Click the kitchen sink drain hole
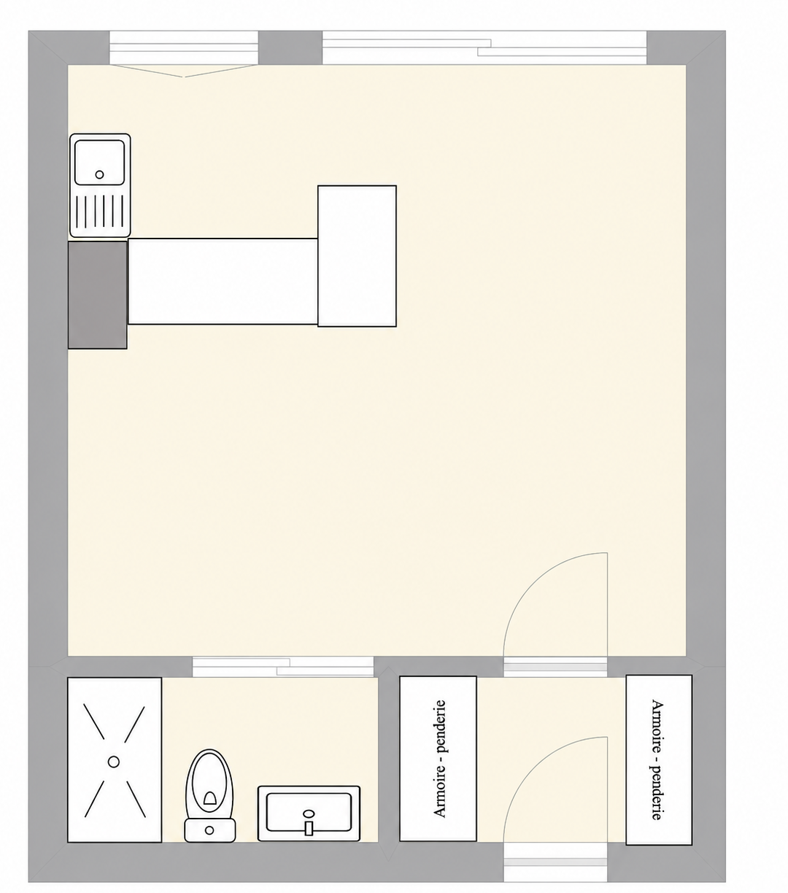(x=99, y=174)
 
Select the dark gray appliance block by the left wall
(x=98, y=295)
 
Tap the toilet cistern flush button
(x=209, y=830)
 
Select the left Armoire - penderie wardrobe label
(x=440, y=759)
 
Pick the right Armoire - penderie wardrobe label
(x=657, y=759)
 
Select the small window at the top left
(x=183, y=47)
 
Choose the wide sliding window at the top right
(x=484, y=47)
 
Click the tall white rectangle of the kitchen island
(x=357, y=256)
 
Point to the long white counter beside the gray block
(x=223, y=282)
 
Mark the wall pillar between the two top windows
(x=290, y=47)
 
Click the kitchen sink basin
(x=100, y=162)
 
